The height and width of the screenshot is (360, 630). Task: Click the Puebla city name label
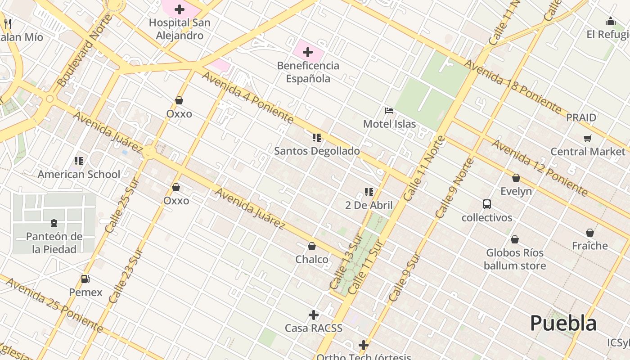point(563,323)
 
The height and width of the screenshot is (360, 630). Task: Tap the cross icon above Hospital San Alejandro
point(180,9)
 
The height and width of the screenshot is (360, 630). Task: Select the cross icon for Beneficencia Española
point(308,53)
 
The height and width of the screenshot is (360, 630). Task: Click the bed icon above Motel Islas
point(389,111)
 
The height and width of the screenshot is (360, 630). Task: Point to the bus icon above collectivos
point(487,204)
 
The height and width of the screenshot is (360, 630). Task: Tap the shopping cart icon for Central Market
point(587,139)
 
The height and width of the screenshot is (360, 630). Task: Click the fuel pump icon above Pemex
point(85,279)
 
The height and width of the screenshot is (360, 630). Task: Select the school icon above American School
point(79,161)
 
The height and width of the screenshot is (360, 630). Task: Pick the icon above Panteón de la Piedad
point(54,223)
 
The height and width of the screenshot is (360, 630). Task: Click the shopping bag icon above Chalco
point(311,246)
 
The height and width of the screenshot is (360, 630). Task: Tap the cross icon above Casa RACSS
point(314,315)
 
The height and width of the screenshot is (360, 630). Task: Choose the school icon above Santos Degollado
point(317,138)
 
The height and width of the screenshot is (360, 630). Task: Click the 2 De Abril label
point(369,205)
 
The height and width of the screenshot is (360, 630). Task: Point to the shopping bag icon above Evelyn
point(516,178)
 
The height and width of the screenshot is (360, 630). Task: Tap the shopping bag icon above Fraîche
point(590,233)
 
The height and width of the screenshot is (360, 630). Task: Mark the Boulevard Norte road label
point(85,51)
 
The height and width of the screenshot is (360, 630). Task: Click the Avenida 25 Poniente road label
point(54,306)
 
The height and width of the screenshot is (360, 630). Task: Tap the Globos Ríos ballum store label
point(515,259)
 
